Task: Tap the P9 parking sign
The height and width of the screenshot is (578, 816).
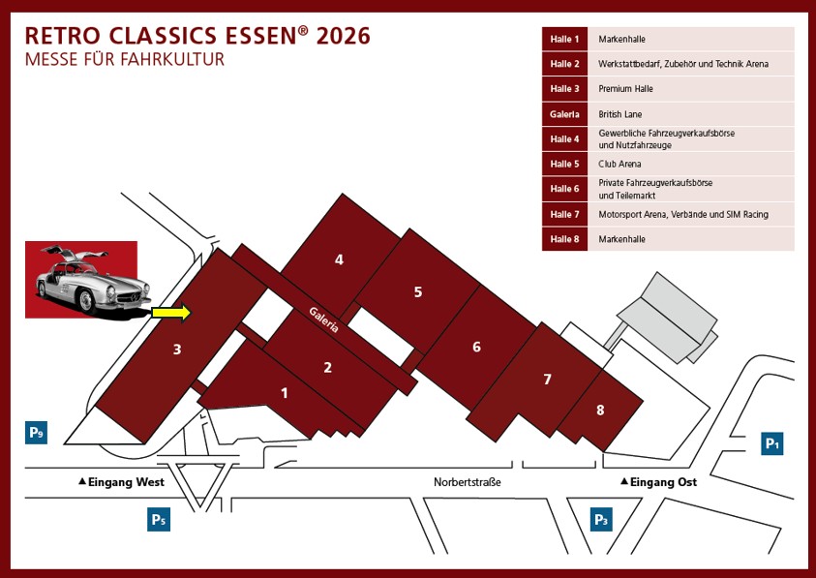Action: (x=36, y=432)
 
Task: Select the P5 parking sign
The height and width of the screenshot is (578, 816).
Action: (x=159, y=520)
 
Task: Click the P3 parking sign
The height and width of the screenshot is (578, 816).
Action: (x=601, y=520)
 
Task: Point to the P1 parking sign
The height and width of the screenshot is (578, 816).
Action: (x=772, y=443)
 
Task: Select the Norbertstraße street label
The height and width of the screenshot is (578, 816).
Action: (x=468, y=481)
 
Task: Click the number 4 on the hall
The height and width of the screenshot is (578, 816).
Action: (x=339, y=259)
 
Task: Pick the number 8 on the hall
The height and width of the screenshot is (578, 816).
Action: (x=600, y=411)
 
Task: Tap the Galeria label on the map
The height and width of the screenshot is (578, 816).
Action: (x=324, y=319)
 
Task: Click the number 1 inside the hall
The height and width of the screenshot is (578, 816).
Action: (x=285, y=393)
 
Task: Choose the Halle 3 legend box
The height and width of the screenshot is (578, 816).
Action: (x=564, y=89)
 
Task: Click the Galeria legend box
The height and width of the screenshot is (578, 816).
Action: (x=564, y=114)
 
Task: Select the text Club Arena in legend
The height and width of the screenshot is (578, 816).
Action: (x=620, y=164)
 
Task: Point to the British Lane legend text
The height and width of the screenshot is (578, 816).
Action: (x=620, y=114)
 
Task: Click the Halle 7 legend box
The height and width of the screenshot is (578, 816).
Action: (x=564, y=214)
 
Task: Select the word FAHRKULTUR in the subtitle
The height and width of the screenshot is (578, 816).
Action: (x=171, y=60)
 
